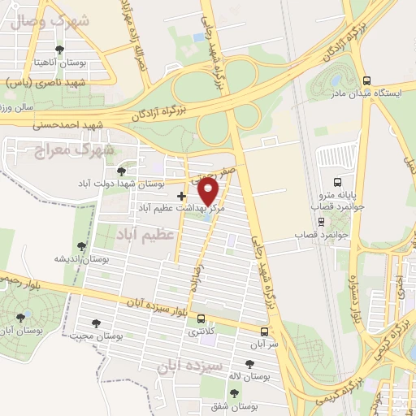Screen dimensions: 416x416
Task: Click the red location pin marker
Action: tap(209, 190)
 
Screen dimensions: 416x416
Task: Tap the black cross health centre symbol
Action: tap(181, 196)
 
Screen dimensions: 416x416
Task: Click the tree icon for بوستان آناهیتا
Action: tap(58, 50)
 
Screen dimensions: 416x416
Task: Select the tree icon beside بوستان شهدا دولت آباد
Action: tap(121, 171)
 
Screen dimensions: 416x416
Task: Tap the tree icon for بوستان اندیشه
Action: tap(81, 246)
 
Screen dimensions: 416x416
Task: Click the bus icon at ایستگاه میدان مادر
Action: tap(366, 81)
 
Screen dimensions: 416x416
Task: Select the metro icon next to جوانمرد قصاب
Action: tap(322, 220)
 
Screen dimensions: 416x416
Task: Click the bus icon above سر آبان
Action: tap(265, 331)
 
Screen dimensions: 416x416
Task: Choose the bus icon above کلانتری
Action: tap(200, 319)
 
